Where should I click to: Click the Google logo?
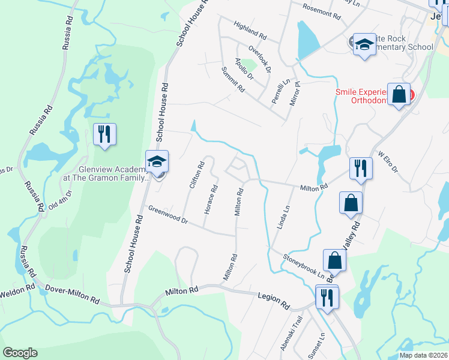(x=20, y=353)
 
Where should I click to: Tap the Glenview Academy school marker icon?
(x=157, y=163)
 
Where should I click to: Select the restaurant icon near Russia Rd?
(x=105, y=134)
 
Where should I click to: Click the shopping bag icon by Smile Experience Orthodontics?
(x=399, y=95)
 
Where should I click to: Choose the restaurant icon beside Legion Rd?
(x=327, y=297)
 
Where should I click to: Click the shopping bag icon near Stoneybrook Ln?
(x=335, y=260)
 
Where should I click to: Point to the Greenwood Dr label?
(x=169, y=215)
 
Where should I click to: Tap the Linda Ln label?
(x=284, y=217)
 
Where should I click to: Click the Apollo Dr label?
(x=244, y=69)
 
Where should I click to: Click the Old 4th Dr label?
(x=61, y=199)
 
